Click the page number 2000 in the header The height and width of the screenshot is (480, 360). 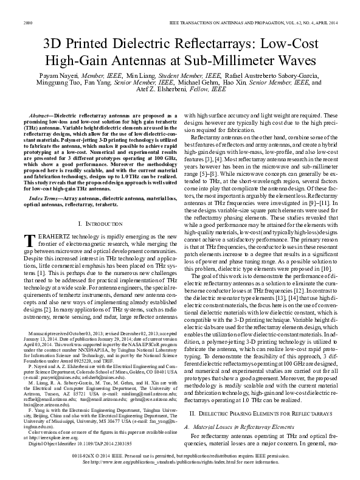coord(27,23)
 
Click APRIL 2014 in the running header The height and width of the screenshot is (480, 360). coord(325,23)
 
